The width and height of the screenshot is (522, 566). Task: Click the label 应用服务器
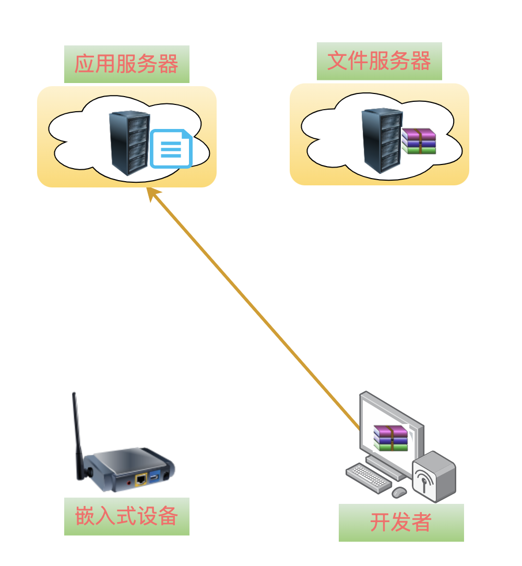[126, 64]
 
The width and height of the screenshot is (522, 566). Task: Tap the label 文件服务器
[379, 61]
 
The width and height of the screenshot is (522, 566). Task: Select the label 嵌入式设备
[126, 516]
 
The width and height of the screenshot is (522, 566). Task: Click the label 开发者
[401, 523]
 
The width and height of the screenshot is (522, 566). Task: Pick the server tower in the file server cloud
[382, 140]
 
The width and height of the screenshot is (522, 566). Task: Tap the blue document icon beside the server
[171, 149]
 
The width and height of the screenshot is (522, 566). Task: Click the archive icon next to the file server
[419, 141]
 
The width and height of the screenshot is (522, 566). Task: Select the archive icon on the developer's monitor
[390, 438]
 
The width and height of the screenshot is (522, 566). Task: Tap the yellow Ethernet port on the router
[140, 479]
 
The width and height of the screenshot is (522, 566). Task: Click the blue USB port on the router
[155, 477]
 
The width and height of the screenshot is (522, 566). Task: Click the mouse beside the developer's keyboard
[399, 492]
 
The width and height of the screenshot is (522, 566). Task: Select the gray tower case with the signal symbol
[434, 476]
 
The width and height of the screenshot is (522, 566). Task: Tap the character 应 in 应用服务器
[85, 64]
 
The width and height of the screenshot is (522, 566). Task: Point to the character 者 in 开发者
[421, 523]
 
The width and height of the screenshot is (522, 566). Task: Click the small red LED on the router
[129, 483]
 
